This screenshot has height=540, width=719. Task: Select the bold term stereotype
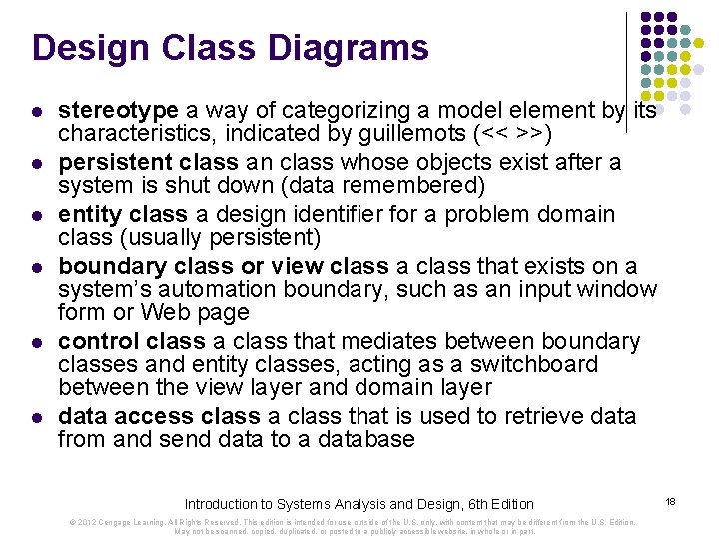tap(118, 110)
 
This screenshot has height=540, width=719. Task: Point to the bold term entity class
tap(123, 214)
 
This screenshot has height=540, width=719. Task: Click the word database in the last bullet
tap(363, 439)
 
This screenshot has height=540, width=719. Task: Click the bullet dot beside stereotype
tap(37, 111)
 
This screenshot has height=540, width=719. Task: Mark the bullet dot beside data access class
tap(37, 417)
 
